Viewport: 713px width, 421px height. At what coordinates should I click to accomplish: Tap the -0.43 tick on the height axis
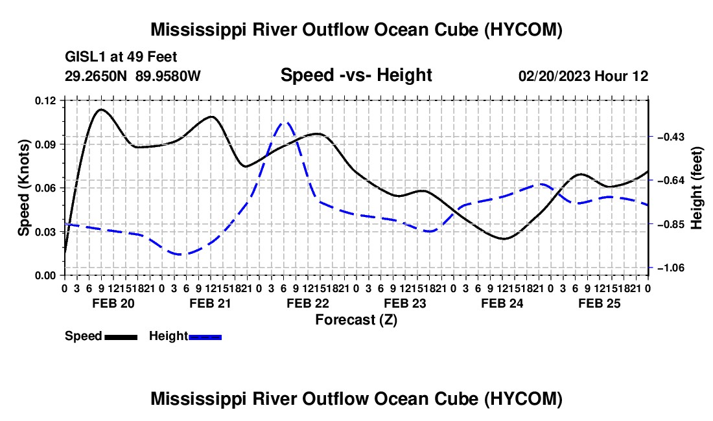tap(671, 137)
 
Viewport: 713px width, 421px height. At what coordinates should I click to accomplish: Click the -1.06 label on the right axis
tap(671, 268)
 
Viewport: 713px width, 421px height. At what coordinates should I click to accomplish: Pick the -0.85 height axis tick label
tap(671, 224)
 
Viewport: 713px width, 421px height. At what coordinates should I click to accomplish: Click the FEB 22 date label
tap(308, 303)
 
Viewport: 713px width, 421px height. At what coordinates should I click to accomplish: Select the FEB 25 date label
tap(600, 303)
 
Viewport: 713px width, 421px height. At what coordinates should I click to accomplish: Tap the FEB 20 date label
tap(113, 303)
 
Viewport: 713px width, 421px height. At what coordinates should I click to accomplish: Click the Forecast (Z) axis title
tap(356, 320)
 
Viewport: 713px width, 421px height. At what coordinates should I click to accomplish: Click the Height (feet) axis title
tap(697, 188)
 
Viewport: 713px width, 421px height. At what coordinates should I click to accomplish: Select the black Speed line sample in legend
tap(121, 337)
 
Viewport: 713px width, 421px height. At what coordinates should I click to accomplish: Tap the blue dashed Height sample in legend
tap(205, 337)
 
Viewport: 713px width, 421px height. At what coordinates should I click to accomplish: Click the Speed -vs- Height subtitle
tap(356, 75)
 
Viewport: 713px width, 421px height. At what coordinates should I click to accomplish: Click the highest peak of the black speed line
tap(101, 109)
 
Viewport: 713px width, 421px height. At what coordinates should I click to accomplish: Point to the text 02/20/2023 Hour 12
tap(583, 76)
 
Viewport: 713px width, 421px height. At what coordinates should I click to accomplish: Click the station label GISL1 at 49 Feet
tap(121, 57)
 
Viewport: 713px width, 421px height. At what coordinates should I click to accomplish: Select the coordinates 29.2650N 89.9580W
tap(133, 76)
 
